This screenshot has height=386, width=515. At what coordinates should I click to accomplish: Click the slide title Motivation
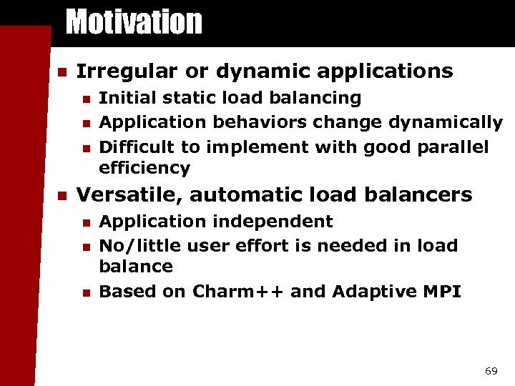[134, 21]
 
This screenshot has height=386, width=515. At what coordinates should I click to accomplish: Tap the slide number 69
[491, 371]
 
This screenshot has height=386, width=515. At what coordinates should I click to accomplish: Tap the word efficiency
[144, 169]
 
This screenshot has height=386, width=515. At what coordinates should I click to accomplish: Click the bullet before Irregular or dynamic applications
[62, 72]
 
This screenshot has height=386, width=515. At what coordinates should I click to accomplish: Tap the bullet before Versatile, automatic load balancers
[62, 195]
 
